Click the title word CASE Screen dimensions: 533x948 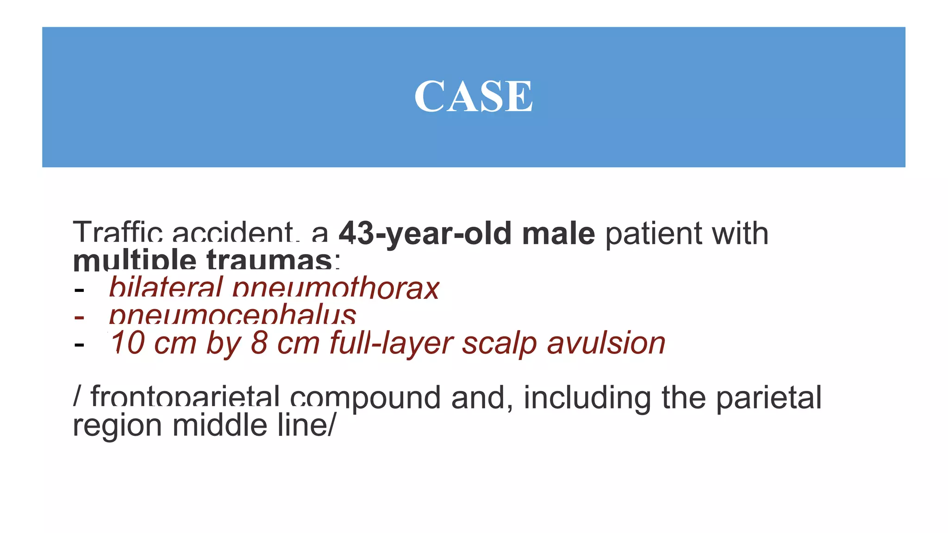pyautogui.click(x=473, y=96)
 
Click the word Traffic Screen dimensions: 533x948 pyautogui.click(x=118, y=233)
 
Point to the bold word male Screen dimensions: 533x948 pyautogui.click(x=558, y=234)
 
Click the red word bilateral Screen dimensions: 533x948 pyautogui.click(x=165, y=287)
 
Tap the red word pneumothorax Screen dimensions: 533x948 pyautogui.click(x=335, y=288)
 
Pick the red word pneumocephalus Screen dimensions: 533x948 pyautogui.click(x=232, y=315)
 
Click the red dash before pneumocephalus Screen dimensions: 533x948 pyautogui.click(x=79, y=317)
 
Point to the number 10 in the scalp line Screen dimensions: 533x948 pyautogui.click(x=128, y=343)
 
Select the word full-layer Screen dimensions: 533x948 pyautogui.click(x=391, y=344)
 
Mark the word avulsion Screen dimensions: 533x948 pyautogui.click(x=606, y=343)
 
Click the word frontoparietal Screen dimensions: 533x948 pyautogui.click(x=185, y=397)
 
